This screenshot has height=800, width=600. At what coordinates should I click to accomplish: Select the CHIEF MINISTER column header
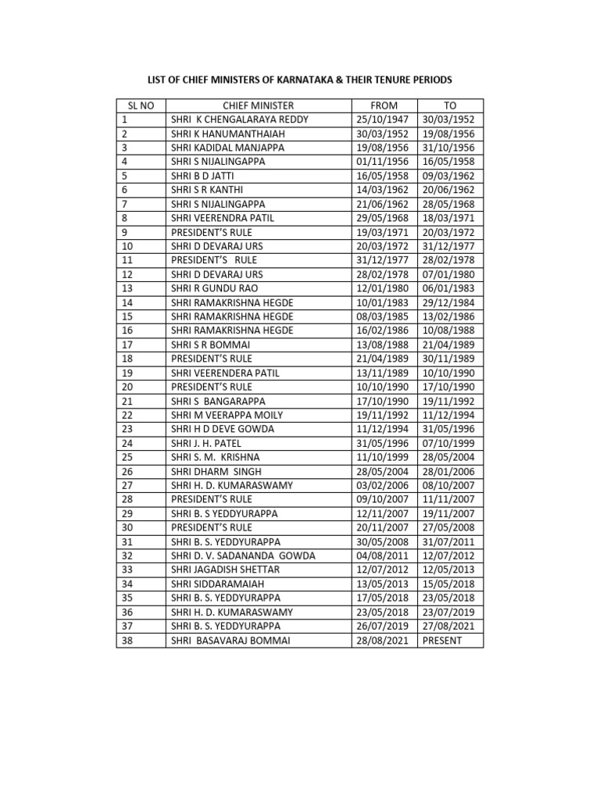258,105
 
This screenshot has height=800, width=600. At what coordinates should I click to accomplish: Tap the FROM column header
384,105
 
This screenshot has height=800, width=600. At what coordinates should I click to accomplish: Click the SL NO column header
141,105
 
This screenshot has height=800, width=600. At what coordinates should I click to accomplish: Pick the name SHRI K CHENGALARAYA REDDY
240,120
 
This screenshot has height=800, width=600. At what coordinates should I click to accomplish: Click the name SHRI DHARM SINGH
216,471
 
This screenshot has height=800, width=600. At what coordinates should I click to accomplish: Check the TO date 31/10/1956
450,147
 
